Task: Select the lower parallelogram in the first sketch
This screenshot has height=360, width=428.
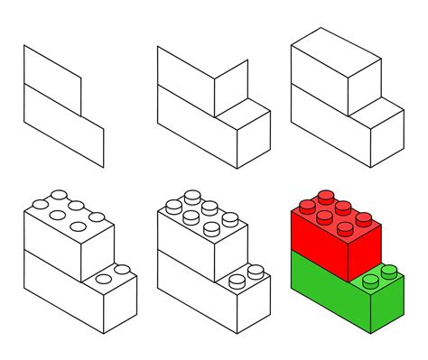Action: click(63, 126)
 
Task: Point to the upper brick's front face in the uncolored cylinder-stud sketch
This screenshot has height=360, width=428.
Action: click(185, 236)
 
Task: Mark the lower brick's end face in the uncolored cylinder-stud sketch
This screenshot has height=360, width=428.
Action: click(256, 298)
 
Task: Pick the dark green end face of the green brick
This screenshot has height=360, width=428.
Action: click(392, 298)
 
